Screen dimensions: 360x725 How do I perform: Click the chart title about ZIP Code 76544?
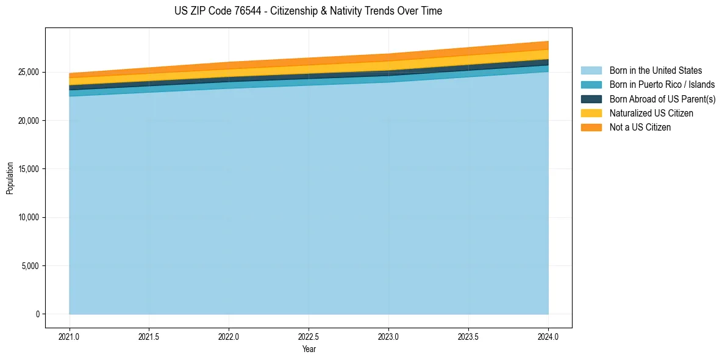click(308, 11)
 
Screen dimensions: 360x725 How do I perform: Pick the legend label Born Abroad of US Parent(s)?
click(662, 99)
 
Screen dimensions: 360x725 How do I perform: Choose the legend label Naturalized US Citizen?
click(651, 113)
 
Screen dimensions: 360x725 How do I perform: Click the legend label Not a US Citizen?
click(640, 127)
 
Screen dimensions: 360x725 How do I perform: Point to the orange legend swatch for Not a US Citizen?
click(591, 127)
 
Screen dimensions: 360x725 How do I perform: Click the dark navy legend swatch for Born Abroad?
click(591, 99)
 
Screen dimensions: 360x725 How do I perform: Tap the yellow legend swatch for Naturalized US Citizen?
click(591, 113)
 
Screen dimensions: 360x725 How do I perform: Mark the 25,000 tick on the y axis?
click(29, 72)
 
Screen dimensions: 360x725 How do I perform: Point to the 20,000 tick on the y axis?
click(29, 121)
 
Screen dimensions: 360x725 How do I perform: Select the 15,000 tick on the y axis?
click(29, 169)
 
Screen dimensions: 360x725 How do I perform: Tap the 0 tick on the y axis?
click(37, 314)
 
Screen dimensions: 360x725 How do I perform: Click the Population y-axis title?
click(10, 178)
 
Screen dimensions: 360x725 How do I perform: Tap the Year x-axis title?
click(309, 350)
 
